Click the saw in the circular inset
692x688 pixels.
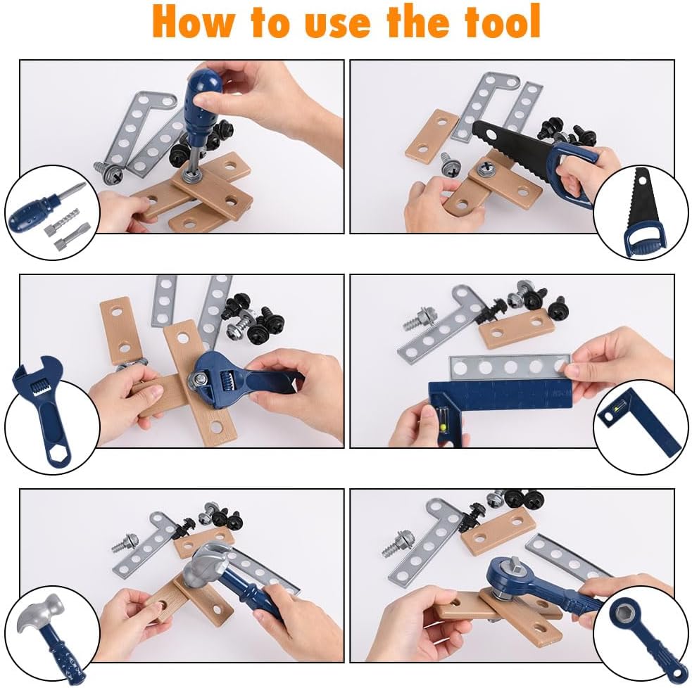pos(643,212)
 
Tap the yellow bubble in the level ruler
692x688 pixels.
pos(443,426)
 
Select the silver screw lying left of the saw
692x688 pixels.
pos(449,165)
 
